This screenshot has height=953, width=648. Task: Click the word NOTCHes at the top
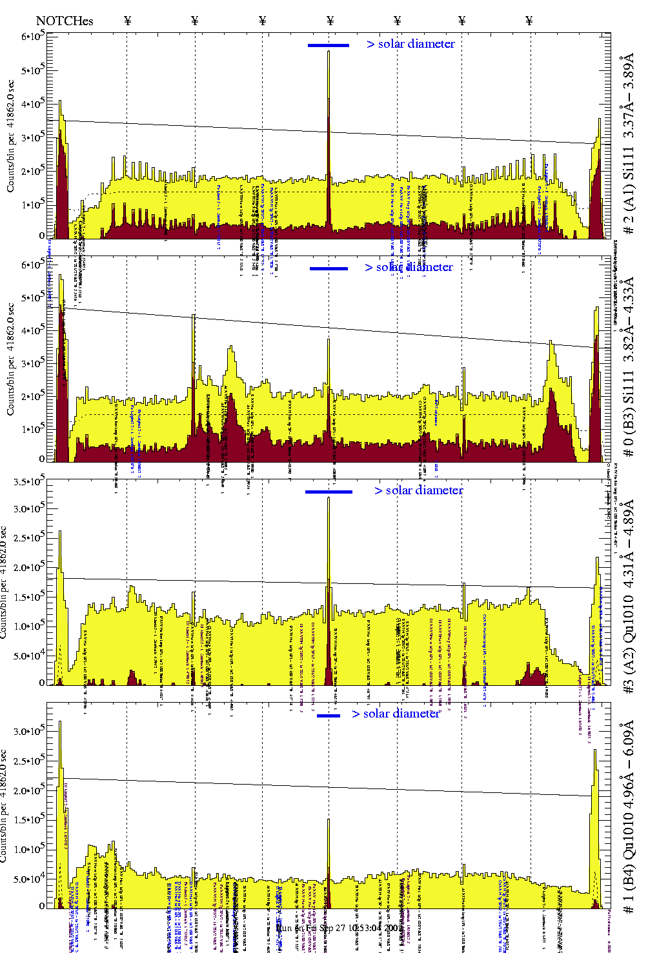[65, 21]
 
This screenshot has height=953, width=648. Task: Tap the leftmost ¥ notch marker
[127, 21]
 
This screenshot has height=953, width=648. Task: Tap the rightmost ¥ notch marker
[529, 21]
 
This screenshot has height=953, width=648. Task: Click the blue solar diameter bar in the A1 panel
[328, 45]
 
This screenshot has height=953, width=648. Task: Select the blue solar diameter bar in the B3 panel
[329, 268]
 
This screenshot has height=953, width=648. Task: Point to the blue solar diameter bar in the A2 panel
[329, 492]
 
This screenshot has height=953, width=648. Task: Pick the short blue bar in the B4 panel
[329, 716]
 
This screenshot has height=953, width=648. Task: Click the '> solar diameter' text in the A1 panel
[410, 44]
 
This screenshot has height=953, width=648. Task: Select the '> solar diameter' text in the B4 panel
[396, 714]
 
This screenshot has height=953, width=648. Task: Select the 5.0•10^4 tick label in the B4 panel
[30, 879]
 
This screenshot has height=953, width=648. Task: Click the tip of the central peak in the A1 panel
[329, 52]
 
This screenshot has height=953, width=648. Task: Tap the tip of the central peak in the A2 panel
[329, 497]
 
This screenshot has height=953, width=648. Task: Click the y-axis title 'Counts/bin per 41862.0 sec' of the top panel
[10, 135]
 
